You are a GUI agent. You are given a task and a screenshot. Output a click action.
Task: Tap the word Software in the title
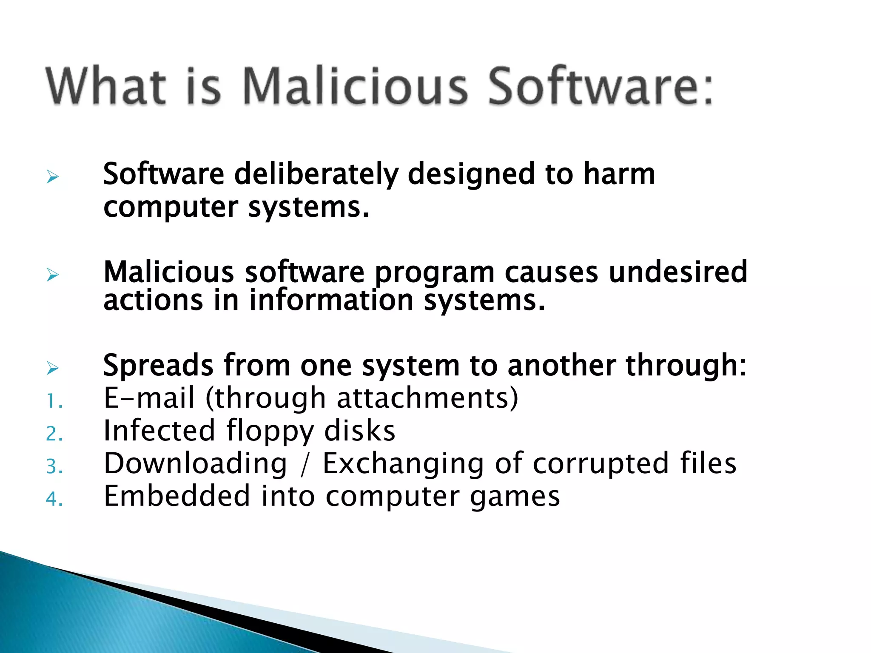[599, 86]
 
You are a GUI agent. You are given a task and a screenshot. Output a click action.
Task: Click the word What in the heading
[106, 86]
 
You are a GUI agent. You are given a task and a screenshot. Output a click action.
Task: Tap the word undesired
[678, 272]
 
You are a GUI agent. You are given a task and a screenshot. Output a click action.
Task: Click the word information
[331, 300]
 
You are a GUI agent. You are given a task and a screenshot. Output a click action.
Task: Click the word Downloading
[196, 463]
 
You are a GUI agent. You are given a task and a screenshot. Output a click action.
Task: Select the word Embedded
[177, 496]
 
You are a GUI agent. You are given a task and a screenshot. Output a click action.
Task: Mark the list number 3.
[54, 467]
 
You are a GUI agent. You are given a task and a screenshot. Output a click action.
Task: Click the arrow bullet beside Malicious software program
[53, 275]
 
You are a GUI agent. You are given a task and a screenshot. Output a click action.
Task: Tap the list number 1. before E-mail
[54, 401]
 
